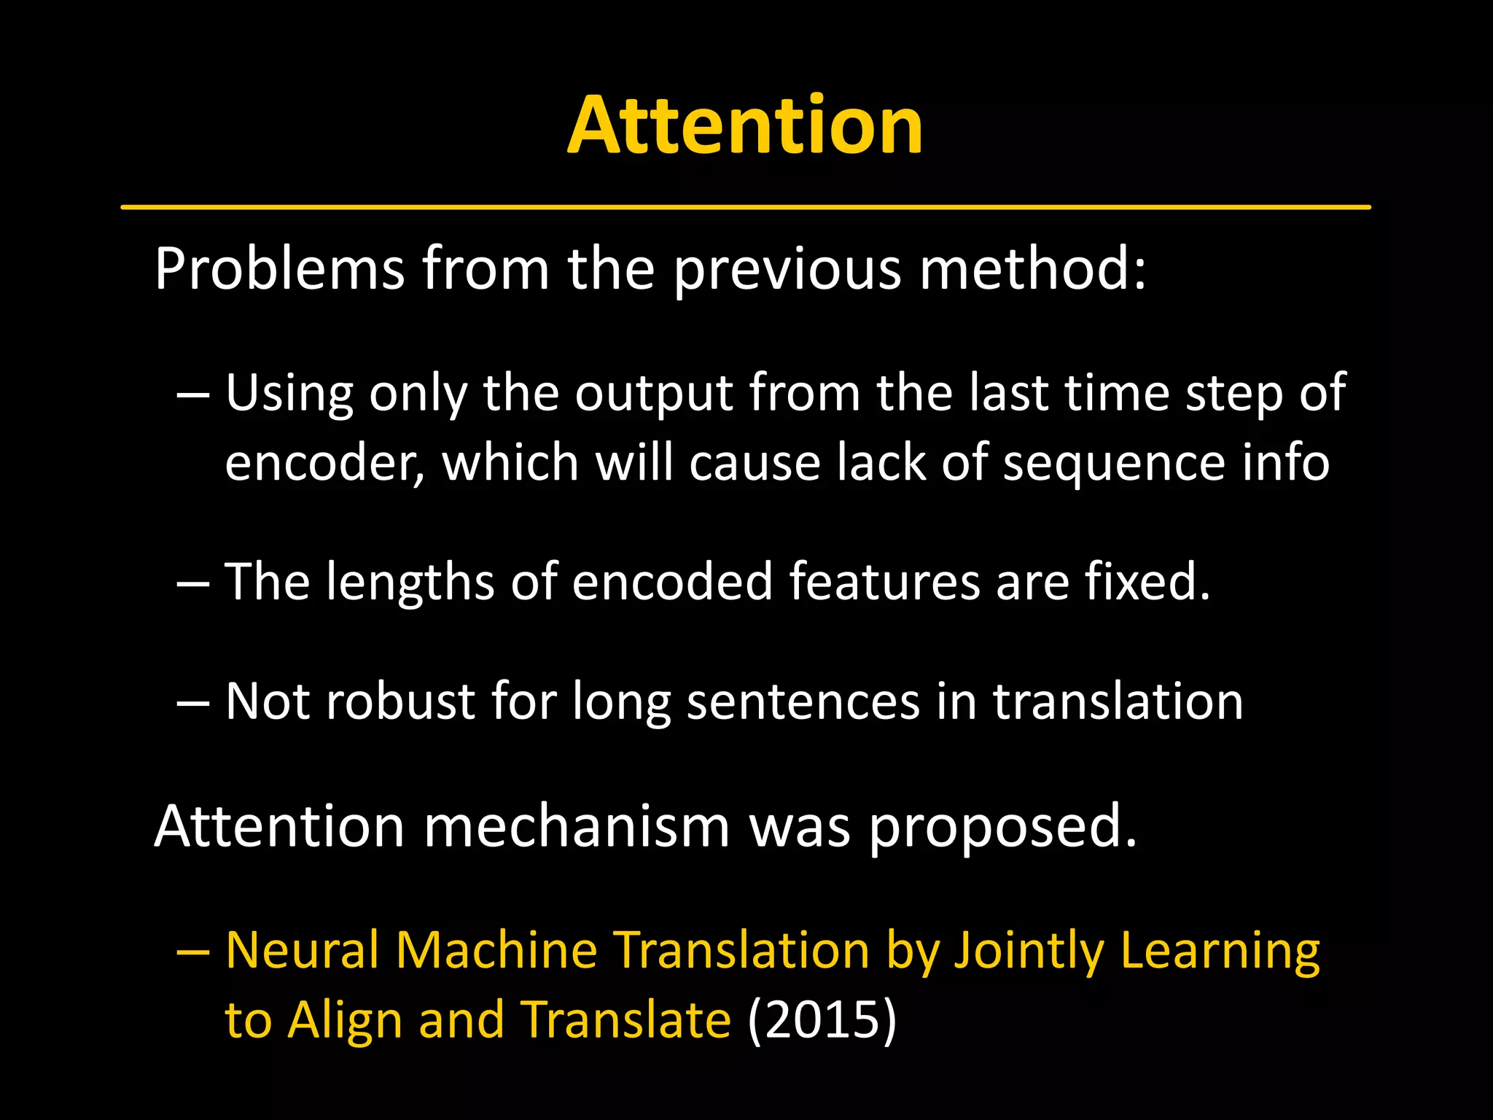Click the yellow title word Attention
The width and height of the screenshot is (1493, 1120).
(745, 125)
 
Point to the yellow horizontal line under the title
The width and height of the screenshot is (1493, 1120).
(745, 207)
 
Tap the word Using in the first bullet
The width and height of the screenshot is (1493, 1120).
(289, 394)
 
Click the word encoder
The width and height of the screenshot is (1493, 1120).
(323, 464)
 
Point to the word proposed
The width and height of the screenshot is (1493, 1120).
(1003, 828)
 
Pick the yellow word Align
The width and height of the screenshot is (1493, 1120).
(345, 1020)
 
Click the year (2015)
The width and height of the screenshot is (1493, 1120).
(822, 1020)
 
